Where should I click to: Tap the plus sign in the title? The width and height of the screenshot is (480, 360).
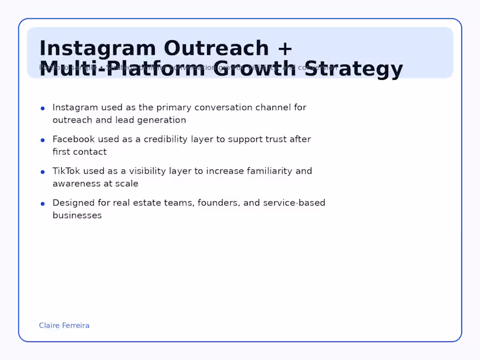click(285, 49)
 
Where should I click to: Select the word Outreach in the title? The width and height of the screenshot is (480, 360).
click(216, 48)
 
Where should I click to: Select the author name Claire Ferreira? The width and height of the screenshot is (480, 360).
click(64, 326)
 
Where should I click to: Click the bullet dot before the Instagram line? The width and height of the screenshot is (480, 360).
click(43, 109)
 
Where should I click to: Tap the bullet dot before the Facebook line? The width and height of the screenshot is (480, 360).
click(43, 140)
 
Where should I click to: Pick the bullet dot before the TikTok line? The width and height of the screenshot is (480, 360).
click(43, 172)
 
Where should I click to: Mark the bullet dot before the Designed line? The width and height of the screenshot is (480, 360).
click(43, 204)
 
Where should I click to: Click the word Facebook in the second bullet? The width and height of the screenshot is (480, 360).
click(74, 139)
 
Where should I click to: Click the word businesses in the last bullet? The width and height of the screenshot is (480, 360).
click(77, 215)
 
